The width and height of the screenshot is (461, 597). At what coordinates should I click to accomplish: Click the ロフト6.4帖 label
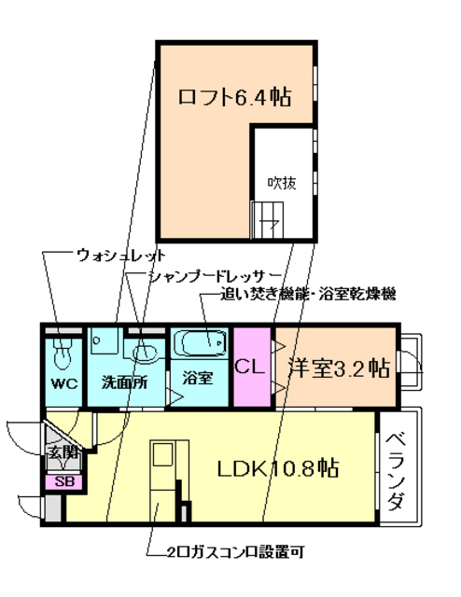point(234,97)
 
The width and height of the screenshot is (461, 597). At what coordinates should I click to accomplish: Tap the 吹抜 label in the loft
point(282,183)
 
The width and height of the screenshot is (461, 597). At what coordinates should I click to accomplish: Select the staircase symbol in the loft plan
point(268,220)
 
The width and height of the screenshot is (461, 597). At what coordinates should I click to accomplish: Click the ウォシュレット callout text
point(121,255)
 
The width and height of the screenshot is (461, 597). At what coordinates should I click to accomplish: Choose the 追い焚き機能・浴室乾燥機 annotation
point(308,295)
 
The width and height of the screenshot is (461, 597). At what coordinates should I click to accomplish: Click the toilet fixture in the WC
point(63,353)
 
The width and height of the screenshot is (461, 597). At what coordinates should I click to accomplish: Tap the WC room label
point(64,383)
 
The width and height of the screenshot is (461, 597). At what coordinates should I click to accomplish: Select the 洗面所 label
point(125,382)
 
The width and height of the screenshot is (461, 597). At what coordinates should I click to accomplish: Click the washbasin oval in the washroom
point(146,354)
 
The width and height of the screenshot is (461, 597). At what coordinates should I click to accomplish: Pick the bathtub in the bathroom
point(199,343)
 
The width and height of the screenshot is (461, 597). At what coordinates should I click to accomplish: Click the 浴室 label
point(197,378)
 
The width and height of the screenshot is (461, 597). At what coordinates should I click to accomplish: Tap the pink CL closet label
point(250,367)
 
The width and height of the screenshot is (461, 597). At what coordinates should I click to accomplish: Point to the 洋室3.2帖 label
point(339,368)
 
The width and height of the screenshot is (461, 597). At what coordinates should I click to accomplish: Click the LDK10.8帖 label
point(278,468)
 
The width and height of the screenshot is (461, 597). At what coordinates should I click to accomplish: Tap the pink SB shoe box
point(64,481)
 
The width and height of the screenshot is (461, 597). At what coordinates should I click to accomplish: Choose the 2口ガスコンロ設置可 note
point(236,551)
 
